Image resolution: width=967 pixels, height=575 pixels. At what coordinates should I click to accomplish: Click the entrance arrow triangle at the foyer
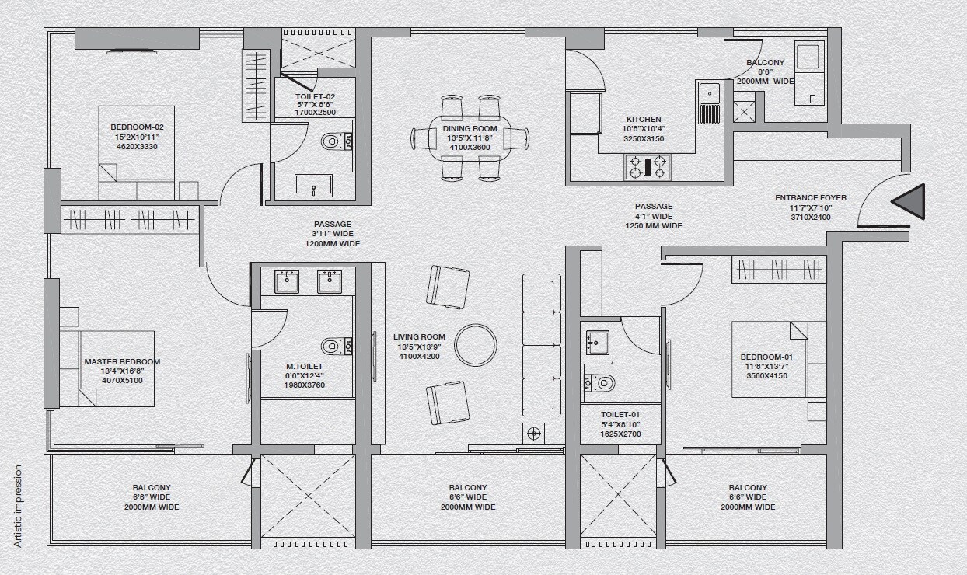909,203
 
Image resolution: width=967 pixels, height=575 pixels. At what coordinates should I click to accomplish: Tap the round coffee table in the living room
475,344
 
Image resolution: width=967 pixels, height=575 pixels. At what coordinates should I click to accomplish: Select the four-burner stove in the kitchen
648,167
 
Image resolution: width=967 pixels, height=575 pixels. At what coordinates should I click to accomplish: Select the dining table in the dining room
469,138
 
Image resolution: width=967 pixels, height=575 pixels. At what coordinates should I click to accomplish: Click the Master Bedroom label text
122,362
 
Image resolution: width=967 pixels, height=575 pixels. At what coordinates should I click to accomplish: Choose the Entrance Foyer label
810,198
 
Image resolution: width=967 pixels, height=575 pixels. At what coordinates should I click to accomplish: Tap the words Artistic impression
18,506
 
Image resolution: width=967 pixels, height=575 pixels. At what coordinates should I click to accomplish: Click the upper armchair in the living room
448,286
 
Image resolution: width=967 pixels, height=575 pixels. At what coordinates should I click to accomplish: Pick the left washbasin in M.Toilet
288,281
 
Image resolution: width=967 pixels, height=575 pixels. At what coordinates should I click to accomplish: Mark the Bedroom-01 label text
766,357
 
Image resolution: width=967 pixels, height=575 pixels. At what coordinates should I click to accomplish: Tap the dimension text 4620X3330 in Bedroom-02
137,146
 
